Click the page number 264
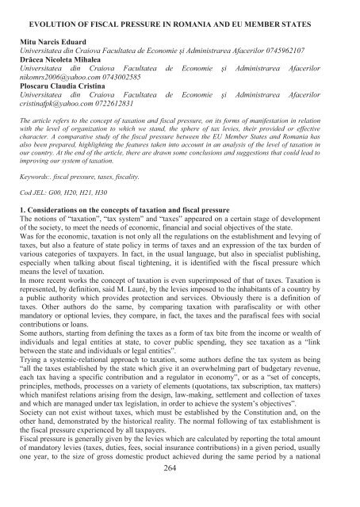pos(181,490)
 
